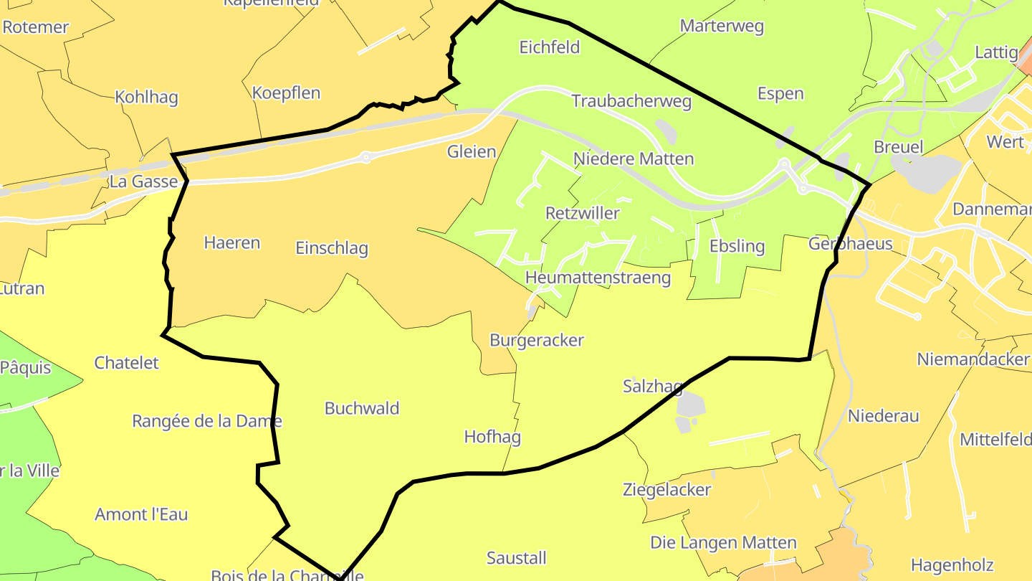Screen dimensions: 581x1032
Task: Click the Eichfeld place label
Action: pos(549,47)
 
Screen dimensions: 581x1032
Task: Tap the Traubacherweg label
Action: pos(631,101)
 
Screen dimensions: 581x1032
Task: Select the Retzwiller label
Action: pos(582,213)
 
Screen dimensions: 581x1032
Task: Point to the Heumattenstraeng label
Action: pos(598,278)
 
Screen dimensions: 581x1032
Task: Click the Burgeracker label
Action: pos(537,340)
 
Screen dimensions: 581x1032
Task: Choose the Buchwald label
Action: pos(362,408)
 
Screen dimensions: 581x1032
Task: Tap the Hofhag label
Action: pos(492,437)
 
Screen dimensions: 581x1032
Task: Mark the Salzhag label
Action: pos(652,387)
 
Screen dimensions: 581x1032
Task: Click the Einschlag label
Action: pos(332,248)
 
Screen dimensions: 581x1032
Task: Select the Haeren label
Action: pos(231,242)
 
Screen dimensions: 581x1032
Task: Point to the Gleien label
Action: pos(472,151)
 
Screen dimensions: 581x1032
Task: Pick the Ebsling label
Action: pos(737,246)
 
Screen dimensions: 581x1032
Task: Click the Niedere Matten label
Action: pos(634,159)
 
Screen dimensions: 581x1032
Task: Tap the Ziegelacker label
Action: pos(666,490)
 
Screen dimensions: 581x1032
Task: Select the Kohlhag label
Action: pos(146,98)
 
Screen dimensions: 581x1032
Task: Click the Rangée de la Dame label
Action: pos(207,421)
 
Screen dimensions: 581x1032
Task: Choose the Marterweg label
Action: pos(722,27)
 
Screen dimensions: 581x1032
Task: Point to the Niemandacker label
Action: pos(973,359)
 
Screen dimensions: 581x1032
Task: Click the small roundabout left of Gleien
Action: pos(366,156)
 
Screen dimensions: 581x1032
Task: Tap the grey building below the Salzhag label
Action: pos(691,407)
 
